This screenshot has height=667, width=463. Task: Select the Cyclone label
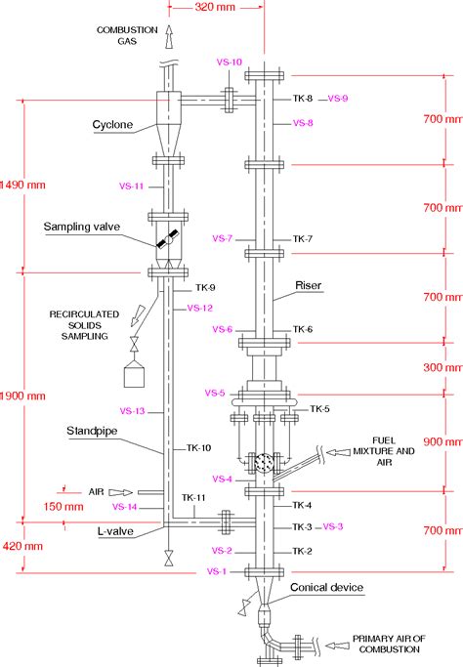point(114,125)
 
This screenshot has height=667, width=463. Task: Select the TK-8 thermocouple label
point(302,99)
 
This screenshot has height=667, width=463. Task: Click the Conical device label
point(327,587)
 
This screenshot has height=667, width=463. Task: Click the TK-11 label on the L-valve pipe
point(192,498)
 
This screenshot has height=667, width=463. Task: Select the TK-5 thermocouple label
point(319,408)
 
